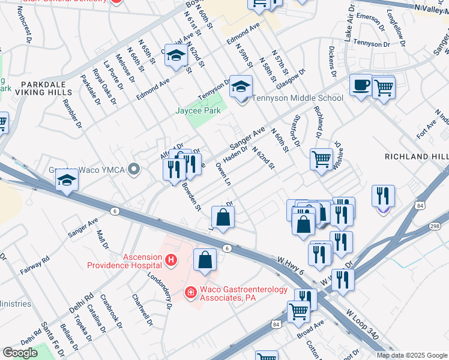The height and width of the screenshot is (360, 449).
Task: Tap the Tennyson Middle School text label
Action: pos(297,98)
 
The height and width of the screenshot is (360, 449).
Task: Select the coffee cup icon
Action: pos(360,85)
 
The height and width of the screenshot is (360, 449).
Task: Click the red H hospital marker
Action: pos(171,259)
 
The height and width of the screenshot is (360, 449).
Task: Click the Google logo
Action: pos(20,352)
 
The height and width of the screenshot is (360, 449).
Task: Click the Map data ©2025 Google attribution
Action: pos(412,355)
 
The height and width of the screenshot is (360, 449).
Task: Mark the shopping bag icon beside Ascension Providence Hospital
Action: pos(205,260)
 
